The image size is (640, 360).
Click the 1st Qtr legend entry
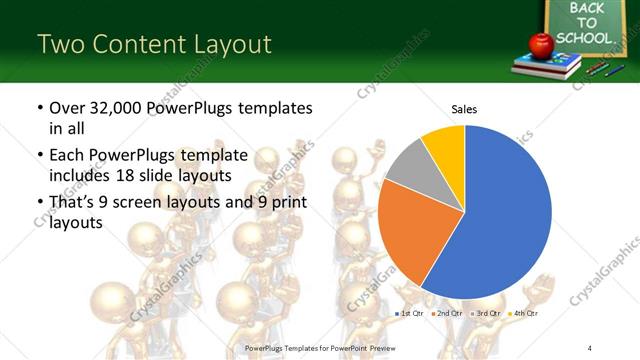point(410,313)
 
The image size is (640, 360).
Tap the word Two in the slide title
point(59,44)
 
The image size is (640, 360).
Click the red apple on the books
point(541,44)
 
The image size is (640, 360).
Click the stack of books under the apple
point(547,65)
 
